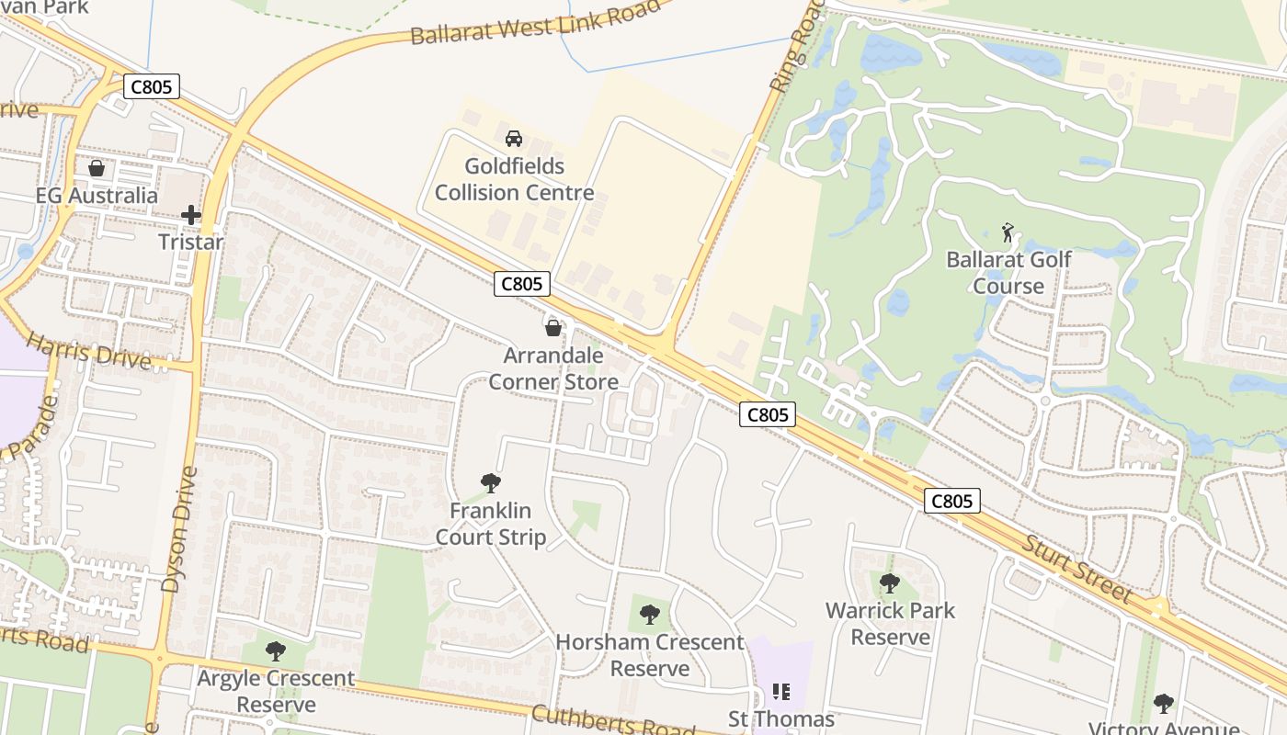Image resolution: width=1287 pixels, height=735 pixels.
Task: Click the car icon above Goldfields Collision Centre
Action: [514, 139]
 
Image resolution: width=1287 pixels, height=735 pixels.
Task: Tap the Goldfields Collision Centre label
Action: [514, 180]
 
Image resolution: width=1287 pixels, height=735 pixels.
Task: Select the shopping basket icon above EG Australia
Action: [97, 168]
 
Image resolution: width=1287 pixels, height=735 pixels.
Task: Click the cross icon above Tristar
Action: [191, 215]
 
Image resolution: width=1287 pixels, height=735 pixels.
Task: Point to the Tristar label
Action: [191, 243]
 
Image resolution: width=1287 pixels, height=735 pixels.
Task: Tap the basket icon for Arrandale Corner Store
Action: [553, 328]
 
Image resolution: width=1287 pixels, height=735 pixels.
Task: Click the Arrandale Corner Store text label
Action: [553, 367]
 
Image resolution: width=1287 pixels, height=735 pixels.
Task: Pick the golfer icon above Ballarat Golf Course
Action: [1008, 232]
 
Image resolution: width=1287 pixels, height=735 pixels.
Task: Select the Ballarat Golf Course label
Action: [1008, 273]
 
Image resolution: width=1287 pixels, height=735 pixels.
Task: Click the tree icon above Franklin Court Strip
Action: [491, 482]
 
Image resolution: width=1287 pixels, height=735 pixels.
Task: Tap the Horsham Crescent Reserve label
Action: [650, 655]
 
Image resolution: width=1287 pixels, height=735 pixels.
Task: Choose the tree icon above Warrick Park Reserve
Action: [889, 582]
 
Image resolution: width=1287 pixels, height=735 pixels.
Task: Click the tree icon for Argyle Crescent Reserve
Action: [275, 651]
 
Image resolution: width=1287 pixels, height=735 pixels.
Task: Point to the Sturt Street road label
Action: [1077, 569]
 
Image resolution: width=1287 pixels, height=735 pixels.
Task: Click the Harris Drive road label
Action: [88, 352]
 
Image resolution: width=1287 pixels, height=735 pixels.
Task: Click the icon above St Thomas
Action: [781, 691]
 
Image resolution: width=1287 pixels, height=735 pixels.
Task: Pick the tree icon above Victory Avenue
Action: [1164, 704]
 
